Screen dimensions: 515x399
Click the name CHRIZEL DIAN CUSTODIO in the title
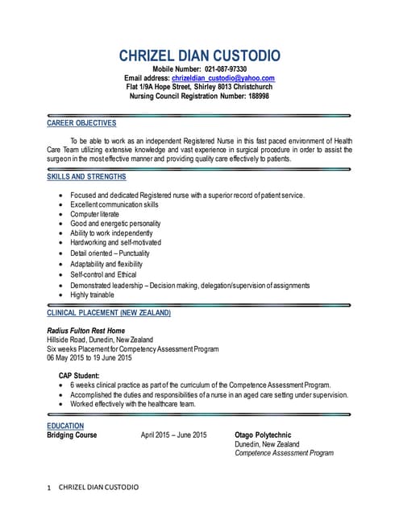[199, 56]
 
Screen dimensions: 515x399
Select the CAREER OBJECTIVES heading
[81, 123]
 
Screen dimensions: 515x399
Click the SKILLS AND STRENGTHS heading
[86, 176]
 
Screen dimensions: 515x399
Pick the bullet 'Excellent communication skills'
[114, 204]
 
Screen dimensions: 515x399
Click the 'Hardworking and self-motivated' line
[116, 242]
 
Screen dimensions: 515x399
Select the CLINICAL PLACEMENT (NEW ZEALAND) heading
[109, 312]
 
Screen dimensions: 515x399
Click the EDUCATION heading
[65, 426]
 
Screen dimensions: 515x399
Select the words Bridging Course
[73, 435]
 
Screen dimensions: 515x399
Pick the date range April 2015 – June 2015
[173, 435]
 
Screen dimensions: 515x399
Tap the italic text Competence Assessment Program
[284, 453]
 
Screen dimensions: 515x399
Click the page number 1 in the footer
[50, 488]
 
